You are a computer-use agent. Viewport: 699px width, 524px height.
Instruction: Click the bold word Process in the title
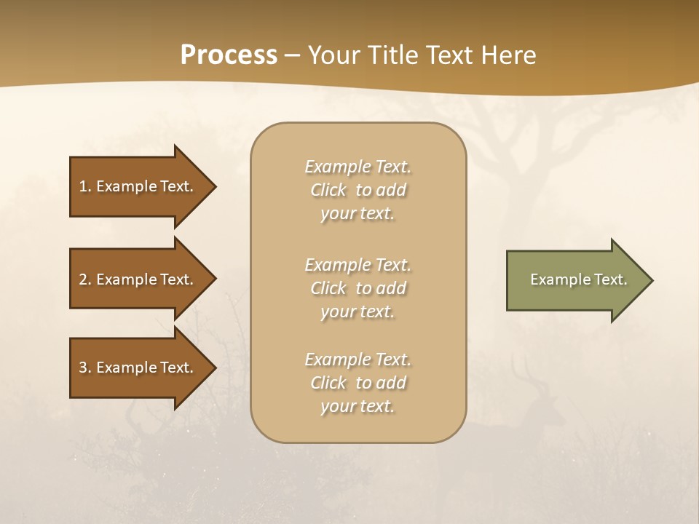click(229, 55)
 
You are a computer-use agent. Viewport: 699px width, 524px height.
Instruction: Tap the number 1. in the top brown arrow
click(85, 186)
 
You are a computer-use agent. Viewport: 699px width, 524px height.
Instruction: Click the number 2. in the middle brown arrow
click(85, 279)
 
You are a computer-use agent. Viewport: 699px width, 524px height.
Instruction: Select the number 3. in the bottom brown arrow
click(85, 368)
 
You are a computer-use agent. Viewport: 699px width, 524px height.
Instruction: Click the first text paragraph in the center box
click(358, 190)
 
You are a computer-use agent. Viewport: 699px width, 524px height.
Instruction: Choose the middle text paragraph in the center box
click(358, 288)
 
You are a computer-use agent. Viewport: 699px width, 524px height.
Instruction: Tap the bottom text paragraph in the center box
click(358, 383)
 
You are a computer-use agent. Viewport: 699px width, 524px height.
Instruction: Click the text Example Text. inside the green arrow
click(579, 279)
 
